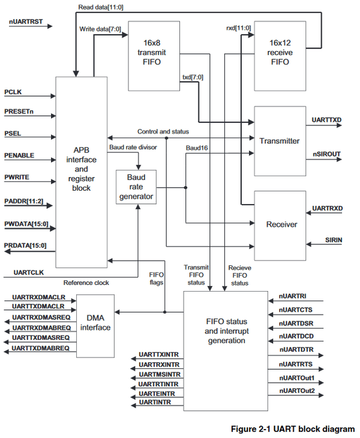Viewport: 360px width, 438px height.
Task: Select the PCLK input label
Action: (13, 92)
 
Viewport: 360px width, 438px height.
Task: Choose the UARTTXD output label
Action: (326, 121)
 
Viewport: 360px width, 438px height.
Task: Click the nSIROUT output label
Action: (326, 154)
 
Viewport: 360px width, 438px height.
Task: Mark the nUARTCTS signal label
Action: (296, 310)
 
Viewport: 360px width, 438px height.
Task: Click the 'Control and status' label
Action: (163, 131)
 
